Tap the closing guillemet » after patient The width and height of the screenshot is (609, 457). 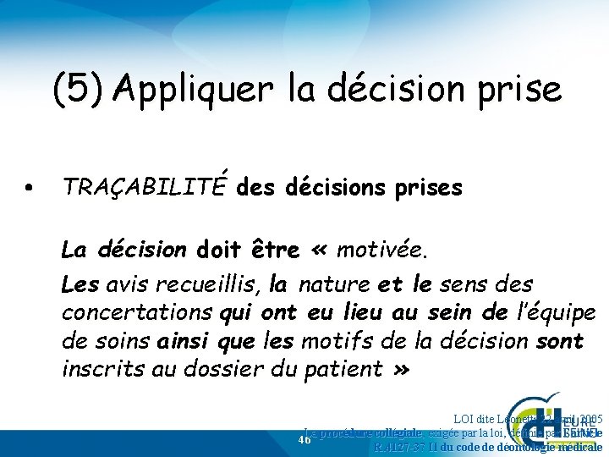click(400, 369)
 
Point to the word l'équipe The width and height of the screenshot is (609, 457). click(552, 311)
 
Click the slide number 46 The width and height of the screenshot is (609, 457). click(305, 439)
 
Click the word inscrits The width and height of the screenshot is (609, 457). click(98, 369)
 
